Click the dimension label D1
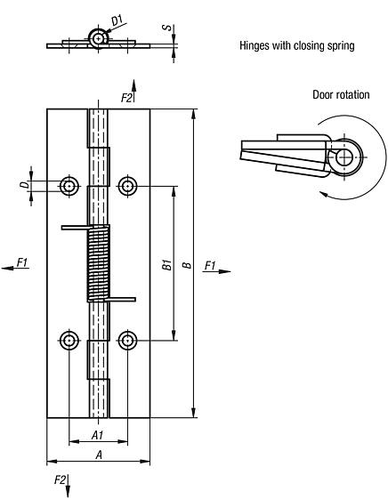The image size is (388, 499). tap(117, 18)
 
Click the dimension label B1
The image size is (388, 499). tap(166, 263)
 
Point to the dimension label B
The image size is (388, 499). tap(185, 263)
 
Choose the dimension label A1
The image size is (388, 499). tap(98, 436)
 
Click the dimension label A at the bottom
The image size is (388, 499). tap(98, 455)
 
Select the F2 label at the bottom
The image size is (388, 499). tap(60, 481)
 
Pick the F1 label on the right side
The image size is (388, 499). tap(210, 265)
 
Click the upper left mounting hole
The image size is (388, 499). tap(69, 185)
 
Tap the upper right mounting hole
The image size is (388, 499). tap(127, 185)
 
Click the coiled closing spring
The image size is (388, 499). tap(98, 263)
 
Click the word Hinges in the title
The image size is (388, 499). tap(256, 45)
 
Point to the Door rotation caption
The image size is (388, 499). tap(340, 95)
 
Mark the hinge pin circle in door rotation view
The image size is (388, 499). tap(343, 157)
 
